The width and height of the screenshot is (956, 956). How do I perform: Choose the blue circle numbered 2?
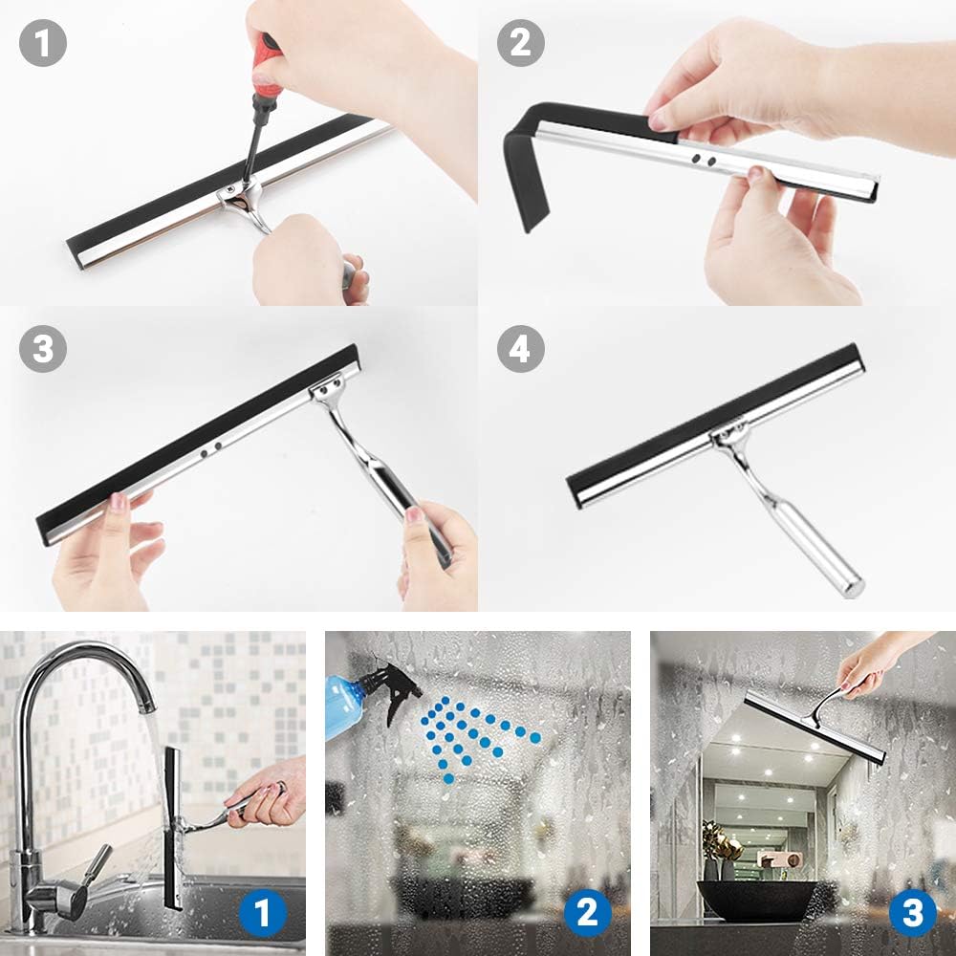coord(587,913)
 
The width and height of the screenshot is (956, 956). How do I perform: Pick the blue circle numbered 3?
coord(912,913)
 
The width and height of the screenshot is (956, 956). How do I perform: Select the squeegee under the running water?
coord(172,827)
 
